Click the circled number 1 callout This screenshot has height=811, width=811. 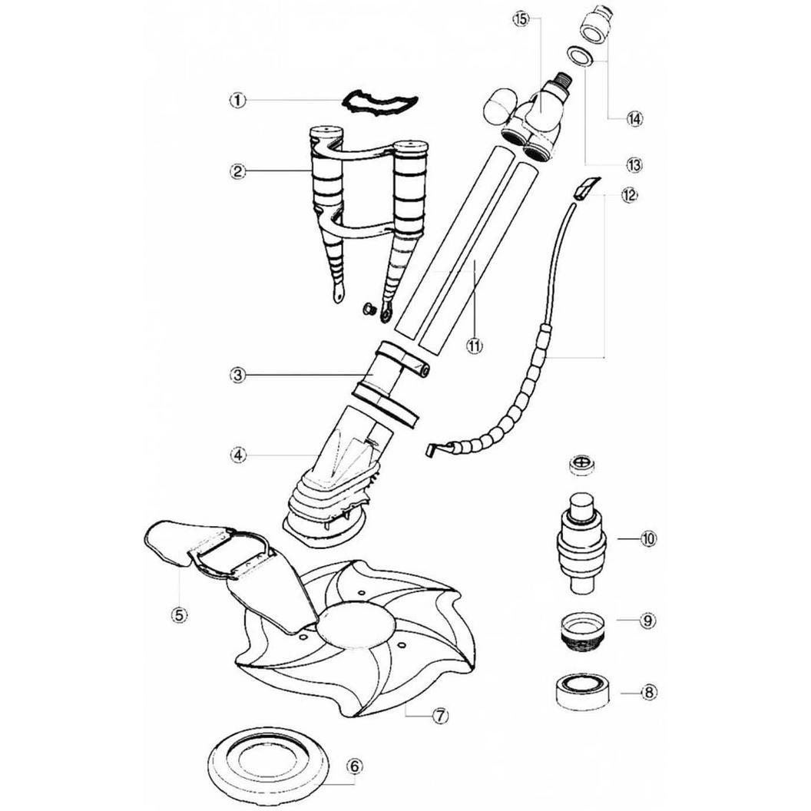pos(237,100)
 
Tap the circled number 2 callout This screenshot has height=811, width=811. pos(237,171)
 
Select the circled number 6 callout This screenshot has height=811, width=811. pos(354,766)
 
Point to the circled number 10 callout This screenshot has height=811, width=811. pos(648,538)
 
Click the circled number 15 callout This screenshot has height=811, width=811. pos(521,20)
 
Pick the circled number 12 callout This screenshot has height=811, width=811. pos(630,195)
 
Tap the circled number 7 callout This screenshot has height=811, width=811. pos(439,716)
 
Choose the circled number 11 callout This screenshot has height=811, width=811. pos(475,346)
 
